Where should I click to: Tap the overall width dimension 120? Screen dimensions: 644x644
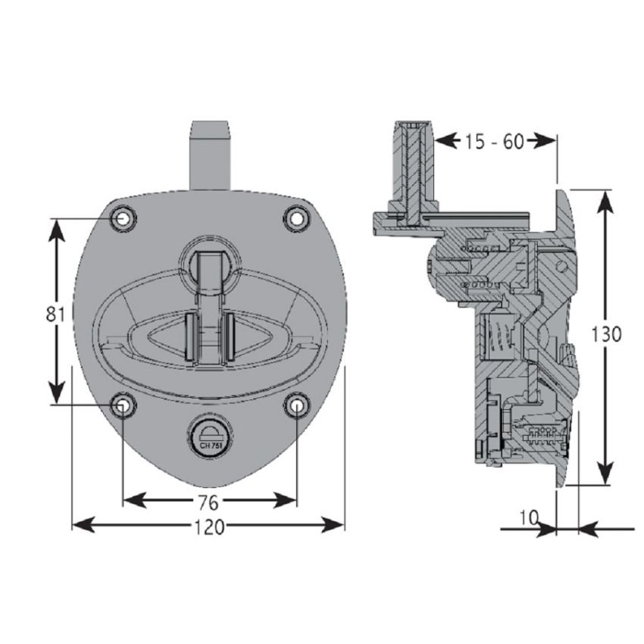[211, 527]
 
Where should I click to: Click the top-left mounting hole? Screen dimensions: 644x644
[123, 218]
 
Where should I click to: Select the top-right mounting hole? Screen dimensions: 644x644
[298, 218]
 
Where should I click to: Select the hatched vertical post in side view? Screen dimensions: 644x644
[414, 170]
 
